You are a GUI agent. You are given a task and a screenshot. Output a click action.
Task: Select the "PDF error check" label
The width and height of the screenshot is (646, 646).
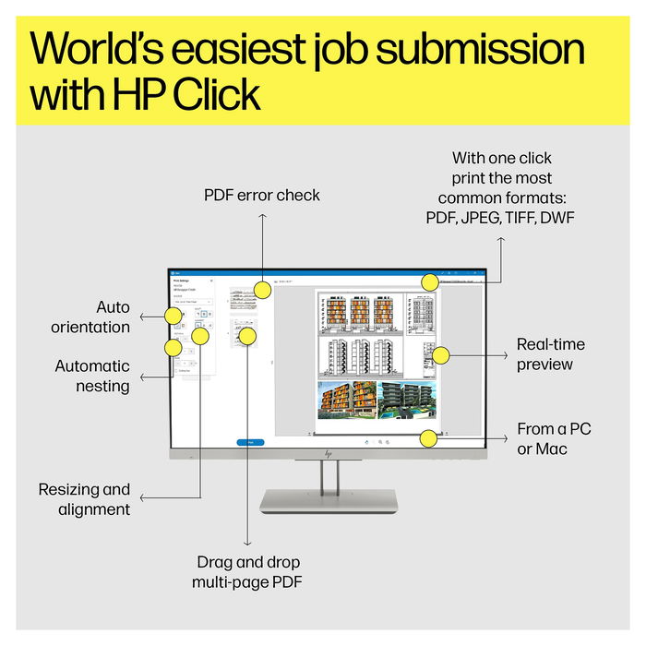click(262, 195)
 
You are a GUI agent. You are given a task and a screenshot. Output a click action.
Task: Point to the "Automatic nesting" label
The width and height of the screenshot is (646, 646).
click(92, 376)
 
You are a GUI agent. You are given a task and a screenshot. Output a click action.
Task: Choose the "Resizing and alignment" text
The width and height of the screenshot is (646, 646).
click(84, 498)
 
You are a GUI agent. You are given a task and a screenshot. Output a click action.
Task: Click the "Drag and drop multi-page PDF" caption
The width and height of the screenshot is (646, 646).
click(247, 571)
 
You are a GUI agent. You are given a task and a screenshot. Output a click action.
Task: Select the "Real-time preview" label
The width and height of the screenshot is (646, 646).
click(550, 354)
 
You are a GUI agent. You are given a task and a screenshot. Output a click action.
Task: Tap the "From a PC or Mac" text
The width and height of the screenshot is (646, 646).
click(554, 438)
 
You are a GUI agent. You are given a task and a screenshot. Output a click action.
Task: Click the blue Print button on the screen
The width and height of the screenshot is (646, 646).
click(250, 442)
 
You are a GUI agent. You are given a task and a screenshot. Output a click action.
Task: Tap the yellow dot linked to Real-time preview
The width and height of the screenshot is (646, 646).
click(441, 354)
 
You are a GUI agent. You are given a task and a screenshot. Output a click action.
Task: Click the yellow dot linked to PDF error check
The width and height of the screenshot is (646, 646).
click(262, 291)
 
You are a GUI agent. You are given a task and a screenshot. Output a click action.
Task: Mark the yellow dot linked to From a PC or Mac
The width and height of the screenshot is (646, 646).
click(428, 438)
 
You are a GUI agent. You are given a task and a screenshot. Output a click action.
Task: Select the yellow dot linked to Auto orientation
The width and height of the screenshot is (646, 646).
click(172, 317)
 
